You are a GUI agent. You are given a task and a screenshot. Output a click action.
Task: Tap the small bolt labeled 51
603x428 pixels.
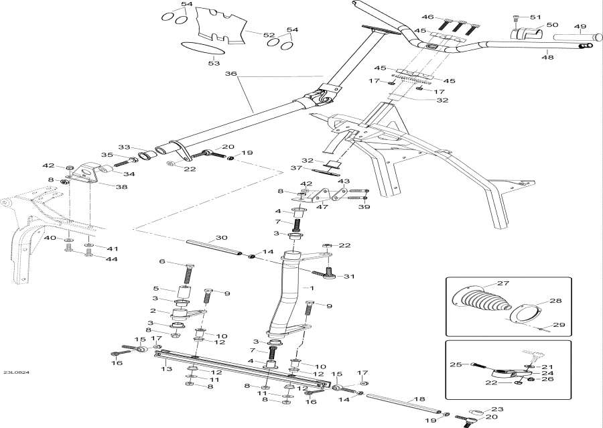click(515, 17)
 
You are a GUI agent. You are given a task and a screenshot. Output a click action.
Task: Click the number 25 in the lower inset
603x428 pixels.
click(456, 364)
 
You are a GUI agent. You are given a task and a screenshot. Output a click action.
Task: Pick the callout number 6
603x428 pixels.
click(161, 261)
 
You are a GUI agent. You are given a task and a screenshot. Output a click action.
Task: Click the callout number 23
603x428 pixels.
click(496, 410)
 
